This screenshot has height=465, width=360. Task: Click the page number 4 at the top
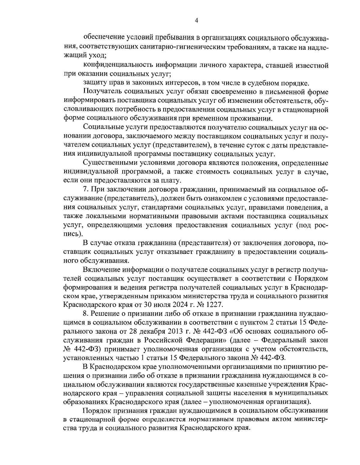pos(196,20)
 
